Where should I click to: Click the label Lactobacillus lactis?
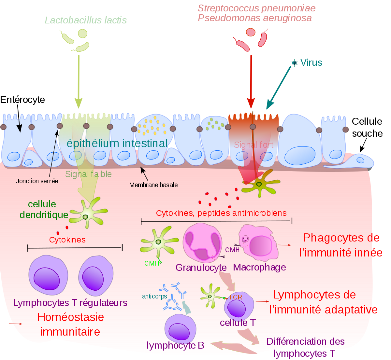click(x=86, y=20)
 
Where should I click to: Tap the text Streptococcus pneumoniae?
click(x=256, y=8)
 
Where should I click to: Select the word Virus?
click(x=311, y=62)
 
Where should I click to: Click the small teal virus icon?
click(x=295, y=63)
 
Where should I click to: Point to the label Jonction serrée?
click(x=37, y=181)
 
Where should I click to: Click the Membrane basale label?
click(x=153, y=185)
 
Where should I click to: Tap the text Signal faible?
click(x=88, y=174)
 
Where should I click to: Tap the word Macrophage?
click(x=259, y=268)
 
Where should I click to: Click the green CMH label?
click(x=152, y=263)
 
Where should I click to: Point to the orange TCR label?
click(x=235, y=297)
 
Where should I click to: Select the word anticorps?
click(x=154, y=297)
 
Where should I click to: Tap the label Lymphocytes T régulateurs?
click(x=70, y=303)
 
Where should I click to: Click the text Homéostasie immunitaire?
click(x=70, y=324)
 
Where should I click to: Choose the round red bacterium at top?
click(x=251, y=32)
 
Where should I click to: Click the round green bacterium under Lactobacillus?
click(x=83, y=34)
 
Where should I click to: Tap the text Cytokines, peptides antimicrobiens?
click(x=221, y=213)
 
